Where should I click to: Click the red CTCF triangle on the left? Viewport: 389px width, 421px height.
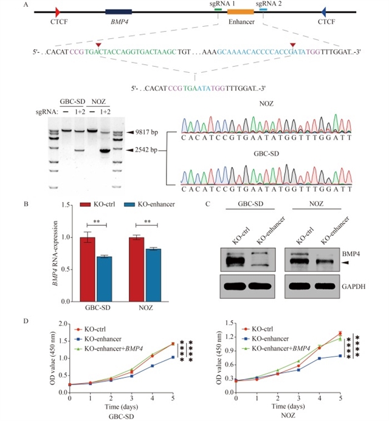pos(57,12)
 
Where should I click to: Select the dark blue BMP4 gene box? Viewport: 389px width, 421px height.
pos(118,12)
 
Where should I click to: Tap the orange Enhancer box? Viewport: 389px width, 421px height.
pos(240,12)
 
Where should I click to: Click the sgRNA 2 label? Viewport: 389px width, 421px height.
pos(270,4)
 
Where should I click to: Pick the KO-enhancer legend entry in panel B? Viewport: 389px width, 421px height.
pos(150,207)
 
